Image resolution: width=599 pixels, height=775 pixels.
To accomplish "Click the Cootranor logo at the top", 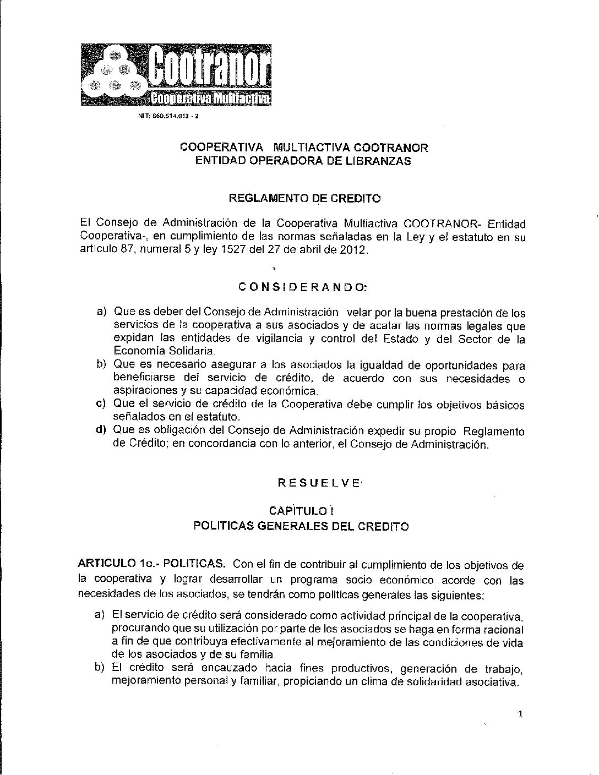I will click(176, 74).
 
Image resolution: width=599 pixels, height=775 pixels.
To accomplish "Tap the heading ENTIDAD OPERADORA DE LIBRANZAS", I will click(304, 161).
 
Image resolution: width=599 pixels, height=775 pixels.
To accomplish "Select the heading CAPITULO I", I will click(301, 512).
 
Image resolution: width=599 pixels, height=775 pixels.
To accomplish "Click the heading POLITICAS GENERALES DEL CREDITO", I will click(301, 526).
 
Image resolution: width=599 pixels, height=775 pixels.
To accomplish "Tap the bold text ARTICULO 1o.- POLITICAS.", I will click(151, 564).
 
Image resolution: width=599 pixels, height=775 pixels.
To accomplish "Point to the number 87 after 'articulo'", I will click(121, 250).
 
